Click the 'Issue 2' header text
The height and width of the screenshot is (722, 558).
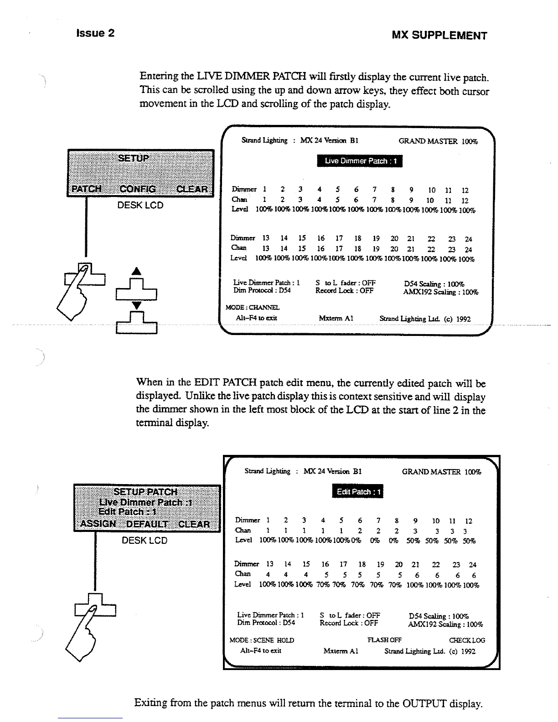[x=95, y=33]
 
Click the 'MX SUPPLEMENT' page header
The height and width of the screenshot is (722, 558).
[x=439, y=36]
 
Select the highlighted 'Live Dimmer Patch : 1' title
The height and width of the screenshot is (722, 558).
[x=360, y=161]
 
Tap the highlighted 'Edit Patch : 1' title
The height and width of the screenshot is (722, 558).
[x=359, y=492]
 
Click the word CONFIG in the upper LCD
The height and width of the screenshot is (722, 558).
[x=138, y=189]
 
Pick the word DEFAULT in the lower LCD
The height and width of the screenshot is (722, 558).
[x=147, y=524]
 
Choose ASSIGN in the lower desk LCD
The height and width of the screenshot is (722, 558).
[x=98, y=524]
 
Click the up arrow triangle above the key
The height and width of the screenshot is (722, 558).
[x=136, y=272]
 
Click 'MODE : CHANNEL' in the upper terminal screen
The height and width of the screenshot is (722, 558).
[x=253, y=308]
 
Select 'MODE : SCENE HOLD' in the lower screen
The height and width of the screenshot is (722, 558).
[x=262, y=640]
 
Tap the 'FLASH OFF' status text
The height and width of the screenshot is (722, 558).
[x=384, y=640]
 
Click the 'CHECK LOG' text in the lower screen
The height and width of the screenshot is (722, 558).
[x=467, y=640]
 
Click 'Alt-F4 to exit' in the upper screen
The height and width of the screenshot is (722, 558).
[x=256, y=318]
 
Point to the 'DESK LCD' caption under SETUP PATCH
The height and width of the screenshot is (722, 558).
[x=145, y=541]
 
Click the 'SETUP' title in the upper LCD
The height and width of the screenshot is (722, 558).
[x=133, y=158]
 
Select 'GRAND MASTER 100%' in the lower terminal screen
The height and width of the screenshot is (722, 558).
[x=441, y=472]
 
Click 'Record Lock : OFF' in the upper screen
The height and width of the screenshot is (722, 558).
[x=344, y=290]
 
